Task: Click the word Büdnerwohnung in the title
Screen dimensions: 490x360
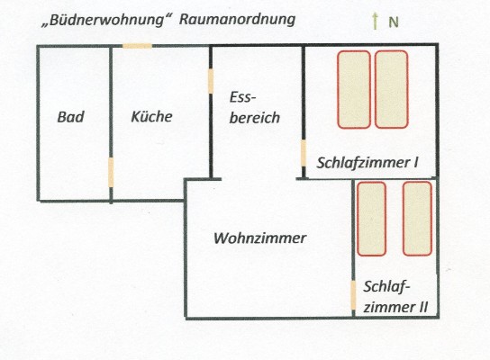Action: pyautogui.click(x=106, y=21)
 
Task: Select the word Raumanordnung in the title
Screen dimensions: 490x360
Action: pyautogui.click(x=237, y=20)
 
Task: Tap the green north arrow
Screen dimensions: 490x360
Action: pyautogui.click(x=375, y=22)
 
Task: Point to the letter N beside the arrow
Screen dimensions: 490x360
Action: pyautogui.click(x=394, y=22)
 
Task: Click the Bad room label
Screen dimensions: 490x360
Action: pyautogui.click(x=70, y=117)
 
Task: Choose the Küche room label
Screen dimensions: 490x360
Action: pyautogui.click(x=151, y=116)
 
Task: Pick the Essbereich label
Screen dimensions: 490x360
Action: pyautogui.click(x=254, y=108)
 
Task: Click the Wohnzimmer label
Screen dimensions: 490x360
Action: pyautogui.click(x=259, y=238)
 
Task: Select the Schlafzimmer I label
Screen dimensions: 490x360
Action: pyautogui.click(x=367, y=163)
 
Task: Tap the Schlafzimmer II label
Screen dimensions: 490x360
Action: pyautogui.click(x=395, y=297)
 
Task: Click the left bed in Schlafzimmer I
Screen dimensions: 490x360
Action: pyautogui.click(x=354, y=90)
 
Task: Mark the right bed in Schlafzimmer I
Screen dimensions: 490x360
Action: pyautogui.click(x=392, y=90)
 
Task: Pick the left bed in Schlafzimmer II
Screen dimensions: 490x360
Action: pyautogui.click(x=372, y=219)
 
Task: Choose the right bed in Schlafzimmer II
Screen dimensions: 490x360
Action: pyautogui.click(x=418, y=219)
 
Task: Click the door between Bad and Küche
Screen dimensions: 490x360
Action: pyautogui.click(x=111, y=173)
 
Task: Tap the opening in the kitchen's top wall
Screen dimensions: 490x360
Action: pyautogui.click(x=137, y=46)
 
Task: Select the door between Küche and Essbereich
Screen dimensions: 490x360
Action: pyautogui.click(x=211, y=81)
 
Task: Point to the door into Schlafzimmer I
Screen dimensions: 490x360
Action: pyautogui.click(x=304, y=153)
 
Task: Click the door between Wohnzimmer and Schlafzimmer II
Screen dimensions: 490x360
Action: pyautogui.click(x=353, y=295)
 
